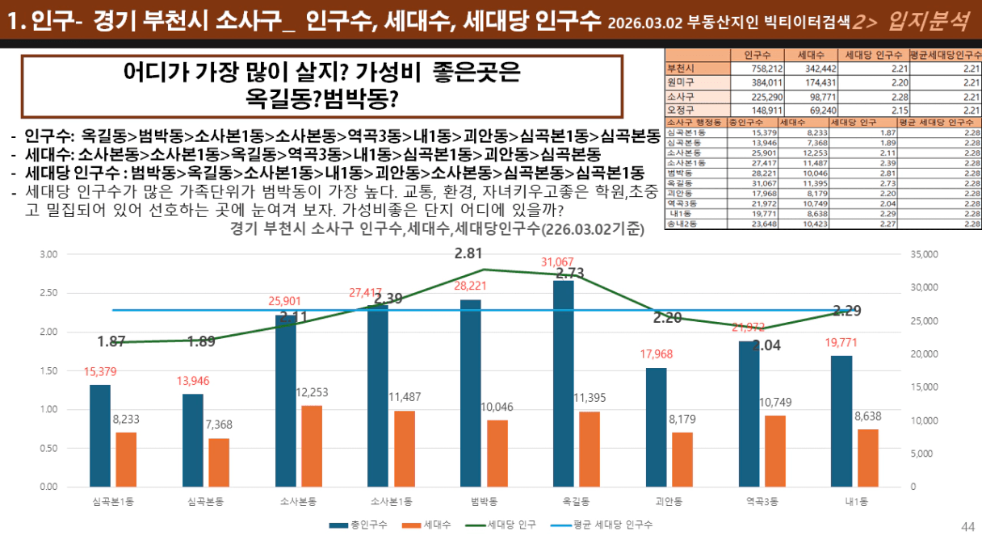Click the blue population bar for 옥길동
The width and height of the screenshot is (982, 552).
coord(563,383)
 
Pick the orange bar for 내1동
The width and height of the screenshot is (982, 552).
coord(868,458)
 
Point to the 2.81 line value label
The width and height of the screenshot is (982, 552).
coord(468,253)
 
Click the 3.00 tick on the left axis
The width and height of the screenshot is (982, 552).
coord(49,254)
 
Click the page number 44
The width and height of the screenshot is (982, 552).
coord(967,527)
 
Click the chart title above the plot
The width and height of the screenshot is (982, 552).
coord(436,229)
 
